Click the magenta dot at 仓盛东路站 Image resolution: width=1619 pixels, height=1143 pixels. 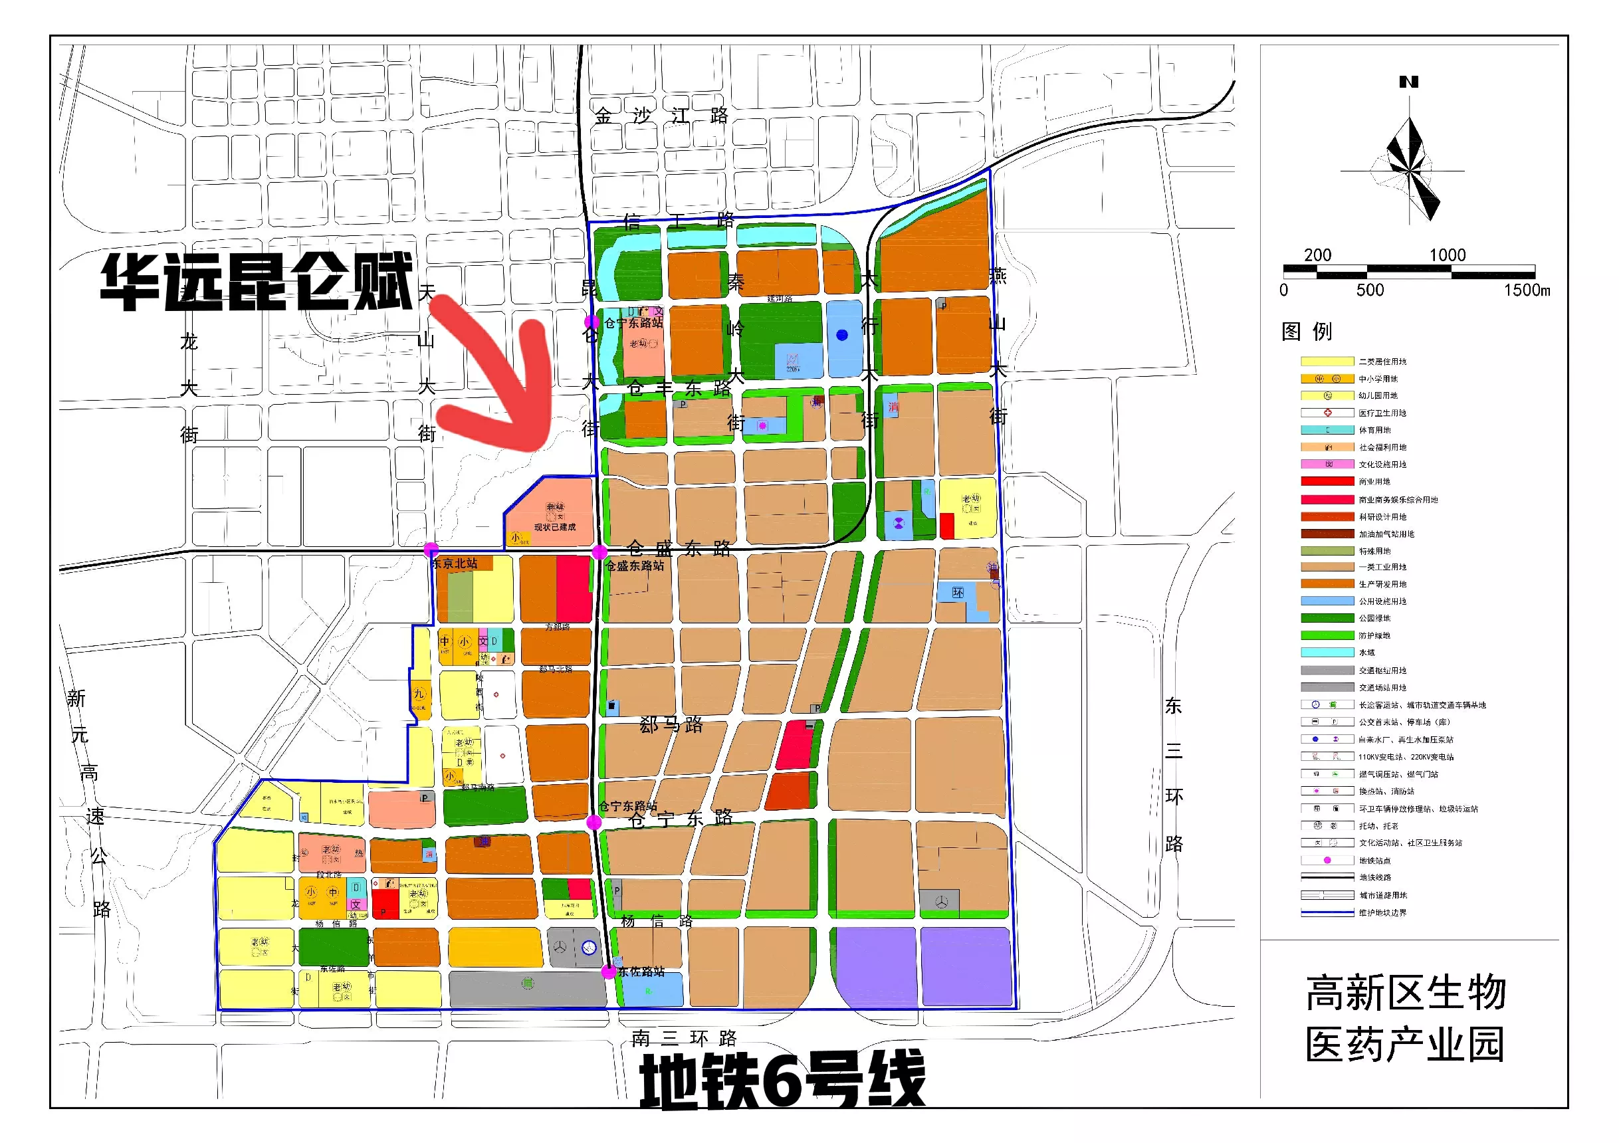click(599, 552)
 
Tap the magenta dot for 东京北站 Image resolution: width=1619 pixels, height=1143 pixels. click(431, 550)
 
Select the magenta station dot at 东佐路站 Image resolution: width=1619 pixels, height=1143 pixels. click(609, 972)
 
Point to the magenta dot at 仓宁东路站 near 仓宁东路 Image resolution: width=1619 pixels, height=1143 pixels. click(594, 822)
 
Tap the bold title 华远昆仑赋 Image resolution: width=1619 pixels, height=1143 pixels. click(256, 282)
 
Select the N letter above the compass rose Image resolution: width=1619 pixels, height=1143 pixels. click(1408, 82)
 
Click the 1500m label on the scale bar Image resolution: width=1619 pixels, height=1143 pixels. click(1527, 290)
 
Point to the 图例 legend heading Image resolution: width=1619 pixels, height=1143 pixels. click(1307, 332)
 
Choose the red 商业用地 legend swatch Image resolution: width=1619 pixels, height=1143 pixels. click(1327, 482)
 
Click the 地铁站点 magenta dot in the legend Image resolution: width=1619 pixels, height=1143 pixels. click(1327, 861)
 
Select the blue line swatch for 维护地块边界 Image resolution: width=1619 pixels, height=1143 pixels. click(1327, 912)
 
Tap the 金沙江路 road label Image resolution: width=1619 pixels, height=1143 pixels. click(661, 116)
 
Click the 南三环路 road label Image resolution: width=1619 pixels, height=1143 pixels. click(683, 1038)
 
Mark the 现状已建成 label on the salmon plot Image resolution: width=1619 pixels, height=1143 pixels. click(554, 528)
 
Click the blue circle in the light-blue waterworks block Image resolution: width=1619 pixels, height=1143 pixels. click(842, 336)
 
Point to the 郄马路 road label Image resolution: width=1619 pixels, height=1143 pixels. click(671, 725)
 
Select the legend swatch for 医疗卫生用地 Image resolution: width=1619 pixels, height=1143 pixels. click(1327, 413)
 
